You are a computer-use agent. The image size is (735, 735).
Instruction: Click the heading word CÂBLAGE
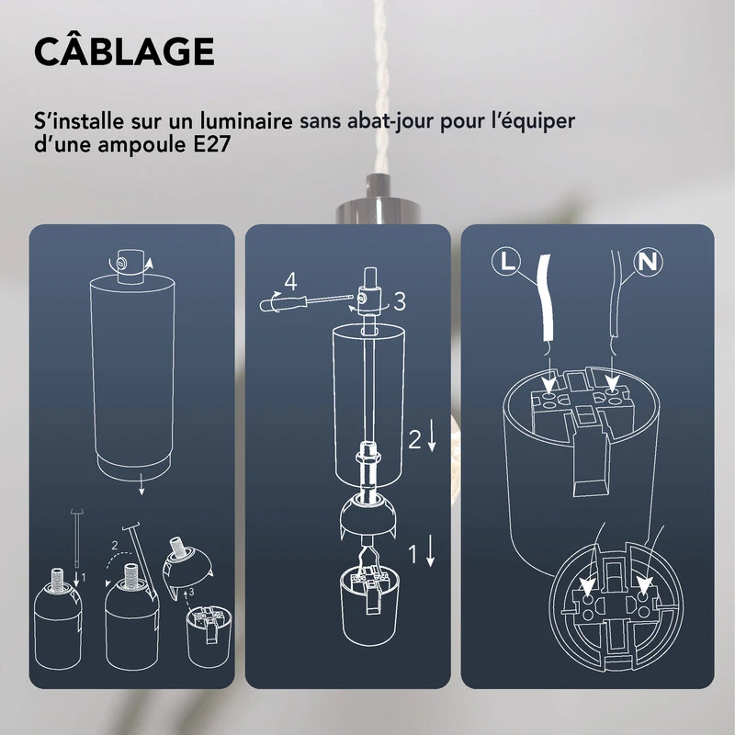124,52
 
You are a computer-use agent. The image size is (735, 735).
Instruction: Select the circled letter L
505,261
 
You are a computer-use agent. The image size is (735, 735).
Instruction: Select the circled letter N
650,261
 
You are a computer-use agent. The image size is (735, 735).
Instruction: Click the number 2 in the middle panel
414,440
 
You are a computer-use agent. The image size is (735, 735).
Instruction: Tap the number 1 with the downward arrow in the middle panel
414,553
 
